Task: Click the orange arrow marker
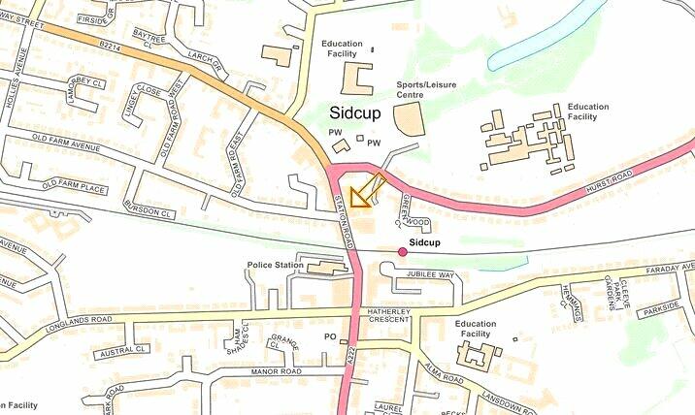(365, 191)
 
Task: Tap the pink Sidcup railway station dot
(403, 252)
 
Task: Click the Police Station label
(276, 265)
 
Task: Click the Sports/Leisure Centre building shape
(409, 120)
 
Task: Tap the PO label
(329, 336)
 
